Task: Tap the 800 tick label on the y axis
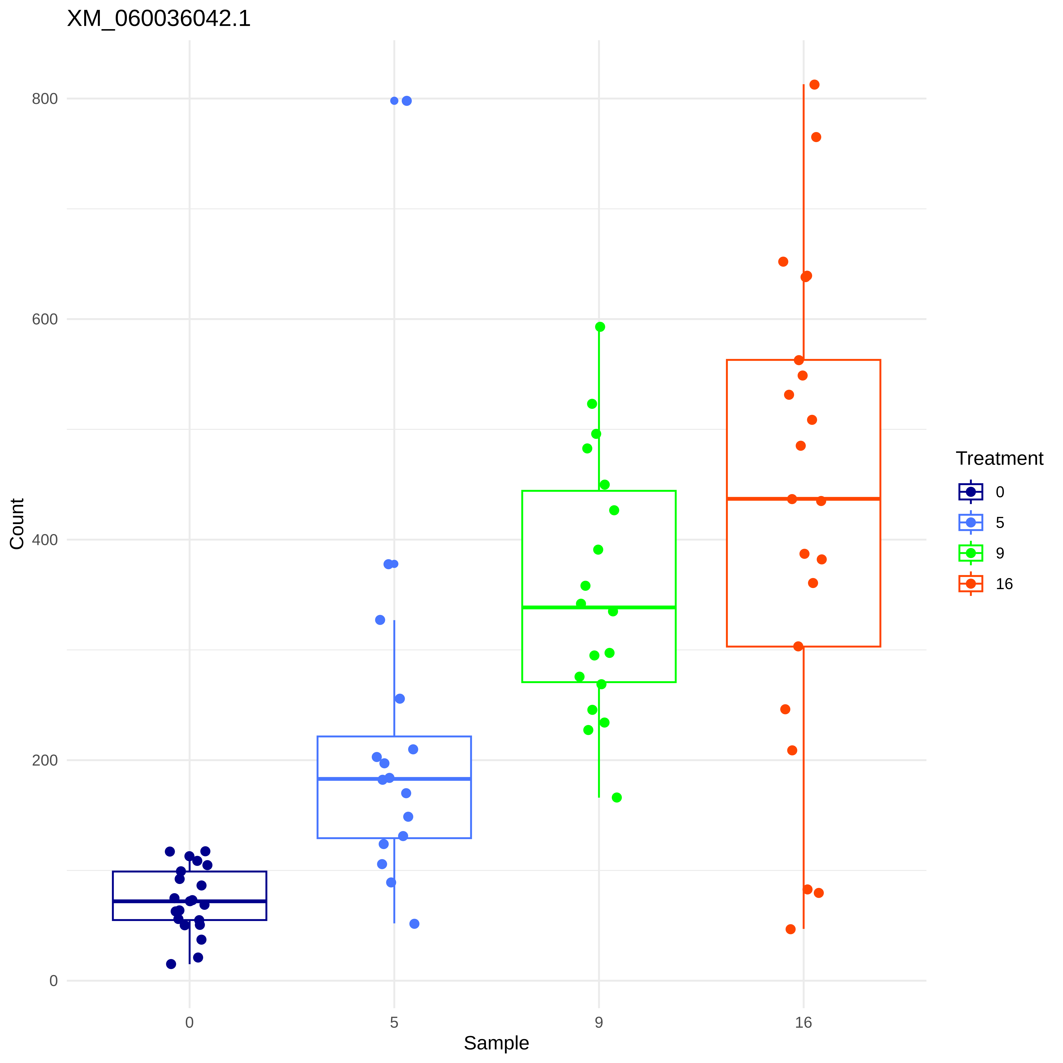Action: tap(45, 99)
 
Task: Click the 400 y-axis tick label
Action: tap(45, 540)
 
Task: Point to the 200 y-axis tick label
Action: tap(45, 760)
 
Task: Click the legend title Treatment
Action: tap(999, 458)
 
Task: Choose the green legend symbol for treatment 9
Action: tap(971, 553)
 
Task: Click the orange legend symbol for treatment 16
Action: tap(971, 584)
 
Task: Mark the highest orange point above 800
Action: tap(814, 85)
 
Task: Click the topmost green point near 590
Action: tap(600, 327)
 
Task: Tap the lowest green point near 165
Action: tap(617, 797)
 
